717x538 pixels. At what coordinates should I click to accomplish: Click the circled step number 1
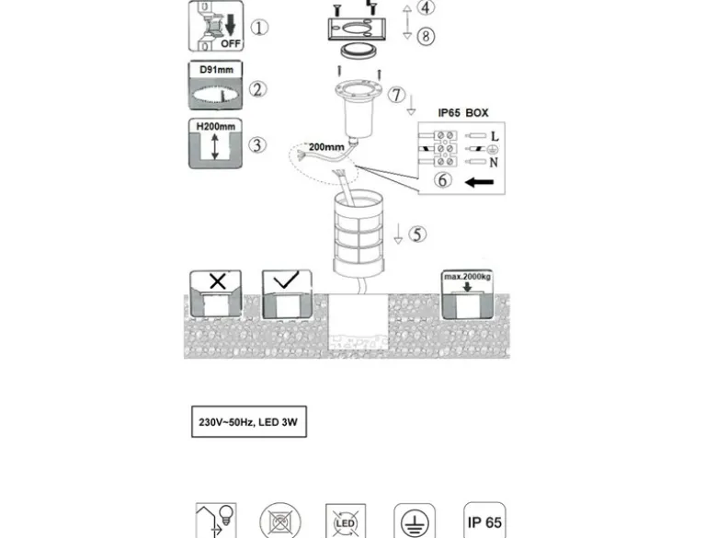pyautogui.click(x=259, y=28)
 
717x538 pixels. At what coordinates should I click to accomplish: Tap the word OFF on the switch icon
pyautogui.click(x=231, y=44)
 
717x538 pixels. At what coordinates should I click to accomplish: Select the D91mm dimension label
pyautogui.click(x=216, y=70)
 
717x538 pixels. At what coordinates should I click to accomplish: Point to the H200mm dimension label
pyautogui.click(x=216, y=126)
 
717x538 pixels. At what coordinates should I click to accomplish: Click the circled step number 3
pyautogui.click(x=257, y=144)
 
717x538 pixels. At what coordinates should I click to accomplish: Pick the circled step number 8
pyautogui.click(x=426, y=36)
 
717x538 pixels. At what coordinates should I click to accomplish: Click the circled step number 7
pyautogui.click(x=396, y=95)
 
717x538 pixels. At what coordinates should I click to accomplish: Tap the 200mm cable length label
pyautogui.click(x=326, y=147)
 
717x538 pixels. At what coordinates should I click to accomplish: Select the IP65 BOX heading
pyautogui.click(x=463, y=112)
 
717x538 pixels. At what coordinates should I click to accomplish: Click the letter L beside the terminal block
pyautogui.click(x=495, y=136)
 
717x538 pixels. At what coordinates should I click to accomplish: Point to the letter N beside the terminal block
pyautogui.click(x=494, y=163)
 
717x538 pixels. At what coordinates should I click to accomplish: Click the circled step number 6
pyautogui.click(x=443, y=179)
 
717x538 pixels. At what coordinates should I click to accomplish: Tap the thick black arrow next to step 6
pyautogui.click(x=479, y=182)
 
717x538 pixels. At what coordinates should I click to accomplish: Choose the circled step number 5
pyautogui.click(x=417, y=234)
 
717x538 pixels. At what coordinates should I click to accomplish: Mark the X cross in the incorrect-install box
pyautogui.click(x=218, y=280)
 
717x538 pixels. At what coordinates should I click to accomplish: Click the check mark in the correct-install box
pyautogui.click(x=286, y=280)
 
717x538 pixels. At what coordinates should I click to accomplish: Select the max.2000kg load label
pyautogui.click(x=467, y=276)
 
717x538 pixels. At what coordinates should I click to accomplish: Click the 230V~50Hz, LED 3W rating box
pyautogui.click(x=249, y=422)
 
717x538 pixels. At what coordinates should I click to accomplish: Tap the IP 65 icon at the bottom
pyautogui.click(x=484, y=521)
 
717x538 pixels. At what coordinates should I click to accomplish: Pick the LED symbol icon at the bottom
pyautogui.click(x=346, y=521)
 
